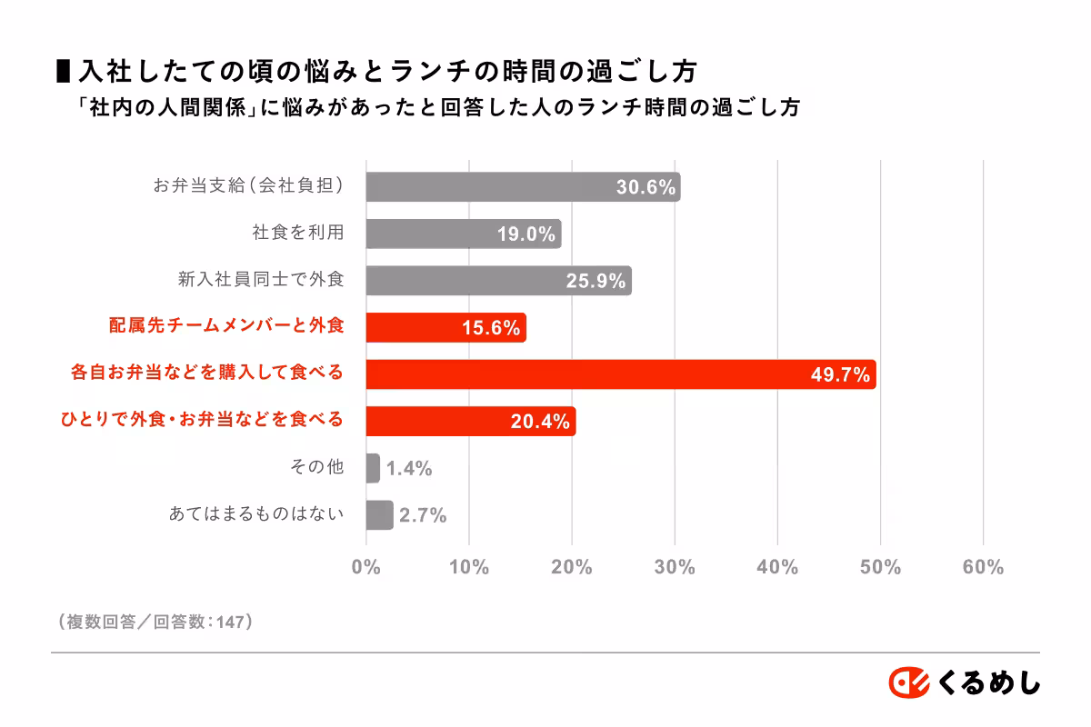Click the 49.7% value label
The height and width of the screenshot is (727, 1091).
(x=840, y=374)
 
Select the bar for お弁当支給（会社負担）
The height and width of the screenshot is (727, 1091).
(x=523, y=187)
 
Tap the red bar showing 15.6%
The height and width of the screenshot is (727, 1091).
(x=445, y=327)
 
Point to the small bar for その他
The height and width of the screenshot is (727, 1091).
(x=373, y=468)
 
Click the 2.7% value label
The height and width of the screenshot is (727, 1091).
(x=423, y=515)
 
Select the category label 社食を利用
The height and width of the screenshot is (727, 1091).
(x=298, y=233)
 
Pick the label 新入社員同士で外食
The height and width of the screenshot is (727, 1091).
(x=261, y=280)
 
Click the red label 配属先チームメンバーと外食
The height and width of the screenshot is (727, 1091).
(x=226, y=326)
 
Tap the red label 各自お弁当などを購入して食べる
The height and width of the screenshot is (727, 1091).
(x=207, y=373)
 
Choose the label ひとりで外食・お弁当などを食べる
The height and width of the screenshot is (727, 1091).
(x=202, y=420)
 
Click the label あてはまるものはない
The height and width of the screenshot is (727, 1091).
(x=256, y=514)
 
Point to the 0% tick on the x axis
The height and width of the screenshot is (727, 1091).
(x=365, y=567)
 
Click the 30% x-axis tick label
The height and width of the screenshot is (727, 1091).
(x=675, y=567)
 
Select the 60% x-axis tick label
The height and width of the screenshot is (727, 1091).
(x=983, y=567)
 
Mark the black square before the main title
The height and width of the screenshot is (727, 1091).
(x=64, y=71)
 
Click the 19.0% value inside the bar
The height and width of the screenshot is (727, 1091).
(x=526, y=234)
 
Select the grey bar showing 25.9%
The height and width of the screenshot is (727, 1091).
(x=498, y=281)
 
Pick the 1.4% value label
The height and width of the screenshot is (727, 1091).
(x=408, y=469)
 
